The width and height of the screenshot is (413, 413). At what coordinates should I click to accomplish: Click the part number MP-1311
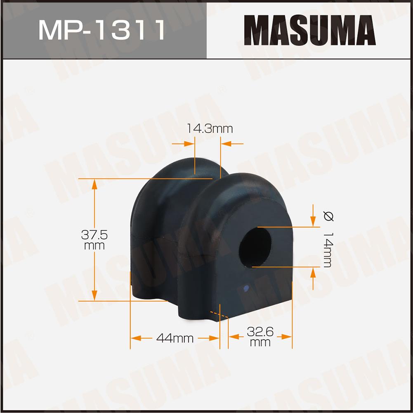pyautogui.click(x=102, y=30)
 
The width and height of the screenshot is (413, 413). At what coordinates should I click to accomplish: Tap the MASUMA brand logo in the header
pyautogui.click(x=310, y=30)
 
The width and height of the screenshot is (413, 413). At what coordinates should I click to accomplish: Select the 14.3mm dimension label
pyautogui.click(x=210, y=129)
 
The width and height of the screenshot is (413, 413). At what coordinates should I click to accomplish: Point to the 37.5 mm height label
pyautogui.click(x=94, y=240)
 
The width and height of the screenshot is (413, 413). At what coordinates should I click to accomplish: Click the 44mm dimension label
pyautogui.click(x=175, y=338)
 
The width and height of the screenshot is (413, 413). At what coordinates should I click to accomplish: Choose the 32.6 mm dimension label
pyautogui.click(x=260, y=337)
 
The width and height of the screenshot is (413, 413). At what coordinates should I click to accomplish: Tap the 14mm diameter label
pyautogui.click(x=328, y=249)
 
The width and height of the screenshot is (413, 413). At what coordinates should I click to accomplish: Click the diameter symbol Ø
pyautogui.click(x=328, y=216)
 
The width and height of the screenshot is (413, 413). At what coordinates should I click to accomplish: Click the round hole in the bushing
pyautogui.click(x=255, y=248)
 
